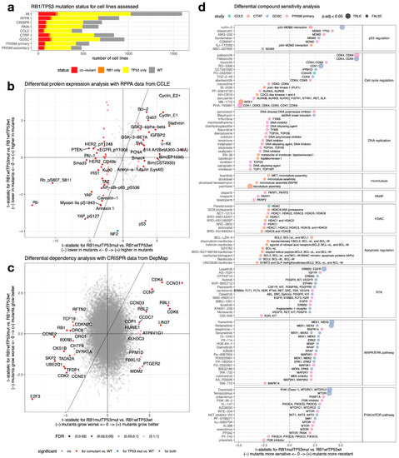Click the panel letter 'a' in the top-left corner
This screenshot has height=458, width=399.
[x=4, y=6]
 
